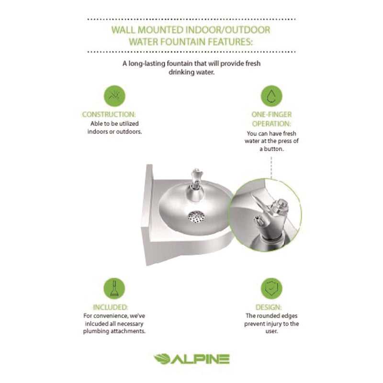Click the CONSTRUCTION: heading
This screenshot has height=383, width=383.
coord(109,114)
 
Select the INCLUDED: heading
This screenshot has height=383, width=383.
coord(111,307)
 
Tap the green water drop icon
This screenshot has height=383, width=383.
coord(271,95)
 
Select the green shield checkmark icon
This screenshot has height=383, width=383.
coord(271,288)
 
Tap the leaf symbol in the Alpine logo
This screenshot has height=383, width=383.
coord(163,359)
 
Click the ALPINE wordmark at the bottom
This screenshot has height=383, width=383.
coord(202,359)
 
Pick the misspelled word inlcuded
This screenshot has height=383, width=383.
coord(94,324)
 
